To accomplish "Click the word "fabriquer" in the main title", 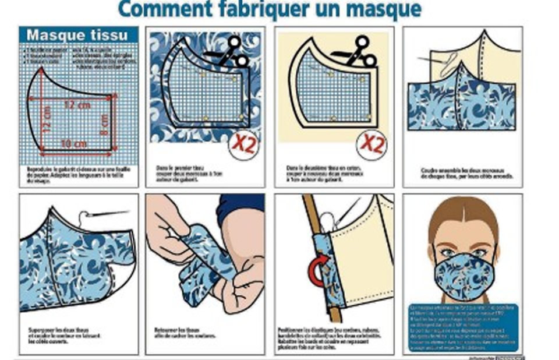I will [253, 9].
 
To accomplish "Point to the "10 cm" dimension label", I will [73, 143].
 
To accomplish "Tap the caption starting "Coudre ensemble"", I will [463, 173].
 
